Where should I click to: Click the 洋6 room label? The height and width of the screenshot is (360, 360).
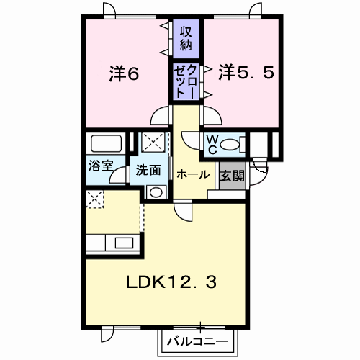tap(124, 73)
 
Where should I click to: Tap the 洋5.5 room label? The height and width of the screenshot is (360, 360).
tap(246, 73)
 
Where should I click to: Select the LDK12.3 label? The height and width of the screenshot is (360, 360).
tap(171, 282)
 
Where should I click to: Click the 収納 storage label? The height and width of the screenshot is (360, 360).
tap(186, 38)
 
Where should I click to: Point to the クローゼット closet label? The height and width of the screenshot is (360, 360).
tap(186, 81)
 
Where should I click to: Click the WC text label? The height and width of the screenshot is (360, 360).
tap(212, 144)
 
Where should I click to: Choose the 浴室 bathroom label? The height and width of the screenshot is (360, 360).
tap(101, 166)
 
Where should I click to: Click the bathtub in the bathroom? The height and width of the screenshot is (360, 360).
tap(106, 143)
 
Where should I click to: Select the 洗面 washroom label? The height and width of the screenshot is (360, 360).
tap(148, 170)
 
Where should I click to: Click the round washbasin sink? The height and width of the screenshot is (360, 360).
tap(156, 192)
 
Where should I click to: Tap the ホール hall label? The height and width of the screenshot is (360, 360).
tap(193, 174)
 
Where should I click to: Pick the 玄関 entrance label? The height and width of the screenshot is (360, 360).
tap(232, 176)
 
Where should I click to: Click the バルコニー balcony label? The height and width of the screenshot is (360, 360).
tap(197, 341)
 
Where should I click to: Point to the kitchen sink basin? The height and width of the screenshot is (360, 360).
tap(124, 243)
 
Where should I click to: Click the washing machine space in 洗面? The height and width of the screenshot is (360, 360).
tap(153, 142)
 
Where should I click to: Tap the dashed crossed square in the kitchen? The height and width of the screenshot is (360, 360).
tap(95, 199)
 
